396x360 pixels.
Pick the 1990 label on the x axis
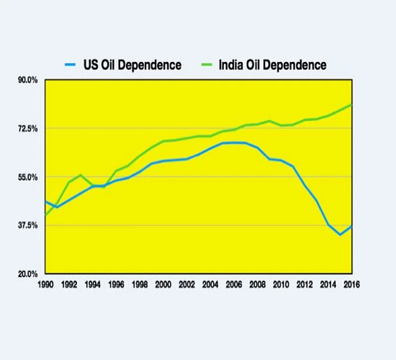coord(45,284)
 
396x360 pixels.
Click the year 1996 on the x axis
coord(116,284)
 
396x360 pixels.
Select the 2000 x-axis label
coord(163,284)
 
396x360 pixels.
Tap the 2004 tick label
coord(211,284)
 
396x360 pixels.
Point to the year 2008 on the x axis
coord(258,284)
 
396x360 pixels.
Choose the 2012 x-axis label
coord(305,284)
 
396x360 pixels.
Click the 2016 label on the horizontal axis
coord(352,284)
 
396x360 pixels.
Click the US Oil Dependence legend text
coord(132,65)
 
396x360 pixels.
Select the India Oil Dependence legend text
coord(272,65)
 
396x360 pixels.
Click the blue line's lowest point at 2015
coord(340,234)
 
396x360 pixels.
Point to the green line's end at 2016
coord(352,104)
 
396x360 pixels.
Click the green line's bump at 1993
coord(81,175)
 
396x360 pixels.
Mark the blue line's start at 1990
coord(45,201)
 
